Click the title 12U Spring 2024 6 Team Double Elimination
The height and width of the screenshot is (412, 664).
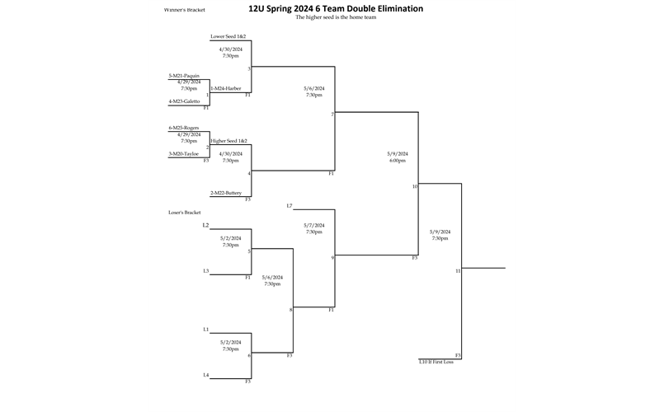coord(336,9)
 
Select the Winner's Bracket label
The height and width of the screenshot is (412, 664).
coord(186,10)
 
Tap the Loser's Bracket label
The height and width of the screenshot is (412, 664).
coord(185,212)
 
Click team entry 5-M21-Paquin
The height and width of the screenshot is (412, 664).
coord(184,76)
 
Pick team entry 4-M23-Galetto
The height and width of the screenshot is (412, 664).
coord(184,101)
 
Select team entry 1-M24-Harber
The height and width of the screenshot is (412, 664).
coord(225,88)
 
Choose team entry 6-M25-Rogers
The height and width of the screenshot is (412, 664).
coord(184,128)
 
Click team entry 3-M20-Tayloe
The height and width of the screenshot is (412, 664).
coord(184,153)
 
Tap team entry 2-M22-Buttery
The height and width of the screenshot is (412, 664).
coord(225,193)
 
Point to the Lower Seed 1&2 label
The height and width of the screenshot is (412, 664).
coord(228,36)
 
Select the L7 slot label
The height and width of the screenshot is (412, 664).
coord(290,205)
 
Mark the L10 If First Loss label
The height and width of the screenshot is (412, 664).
coord(436,362)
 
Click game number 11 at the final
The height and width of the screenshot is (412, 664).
coord(458,270)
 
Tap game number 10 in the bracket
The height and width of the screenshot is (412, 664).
coord(416,187)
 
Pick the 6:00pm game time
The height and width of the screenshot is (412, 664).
coord(398,161)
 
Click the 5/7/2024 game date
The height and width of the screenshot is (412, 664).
coord(314,225)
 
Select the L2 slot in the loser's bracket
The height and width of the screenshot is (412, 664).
coord(205,225)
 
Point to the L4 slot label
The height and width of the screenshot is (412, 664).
coord(205,375)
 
